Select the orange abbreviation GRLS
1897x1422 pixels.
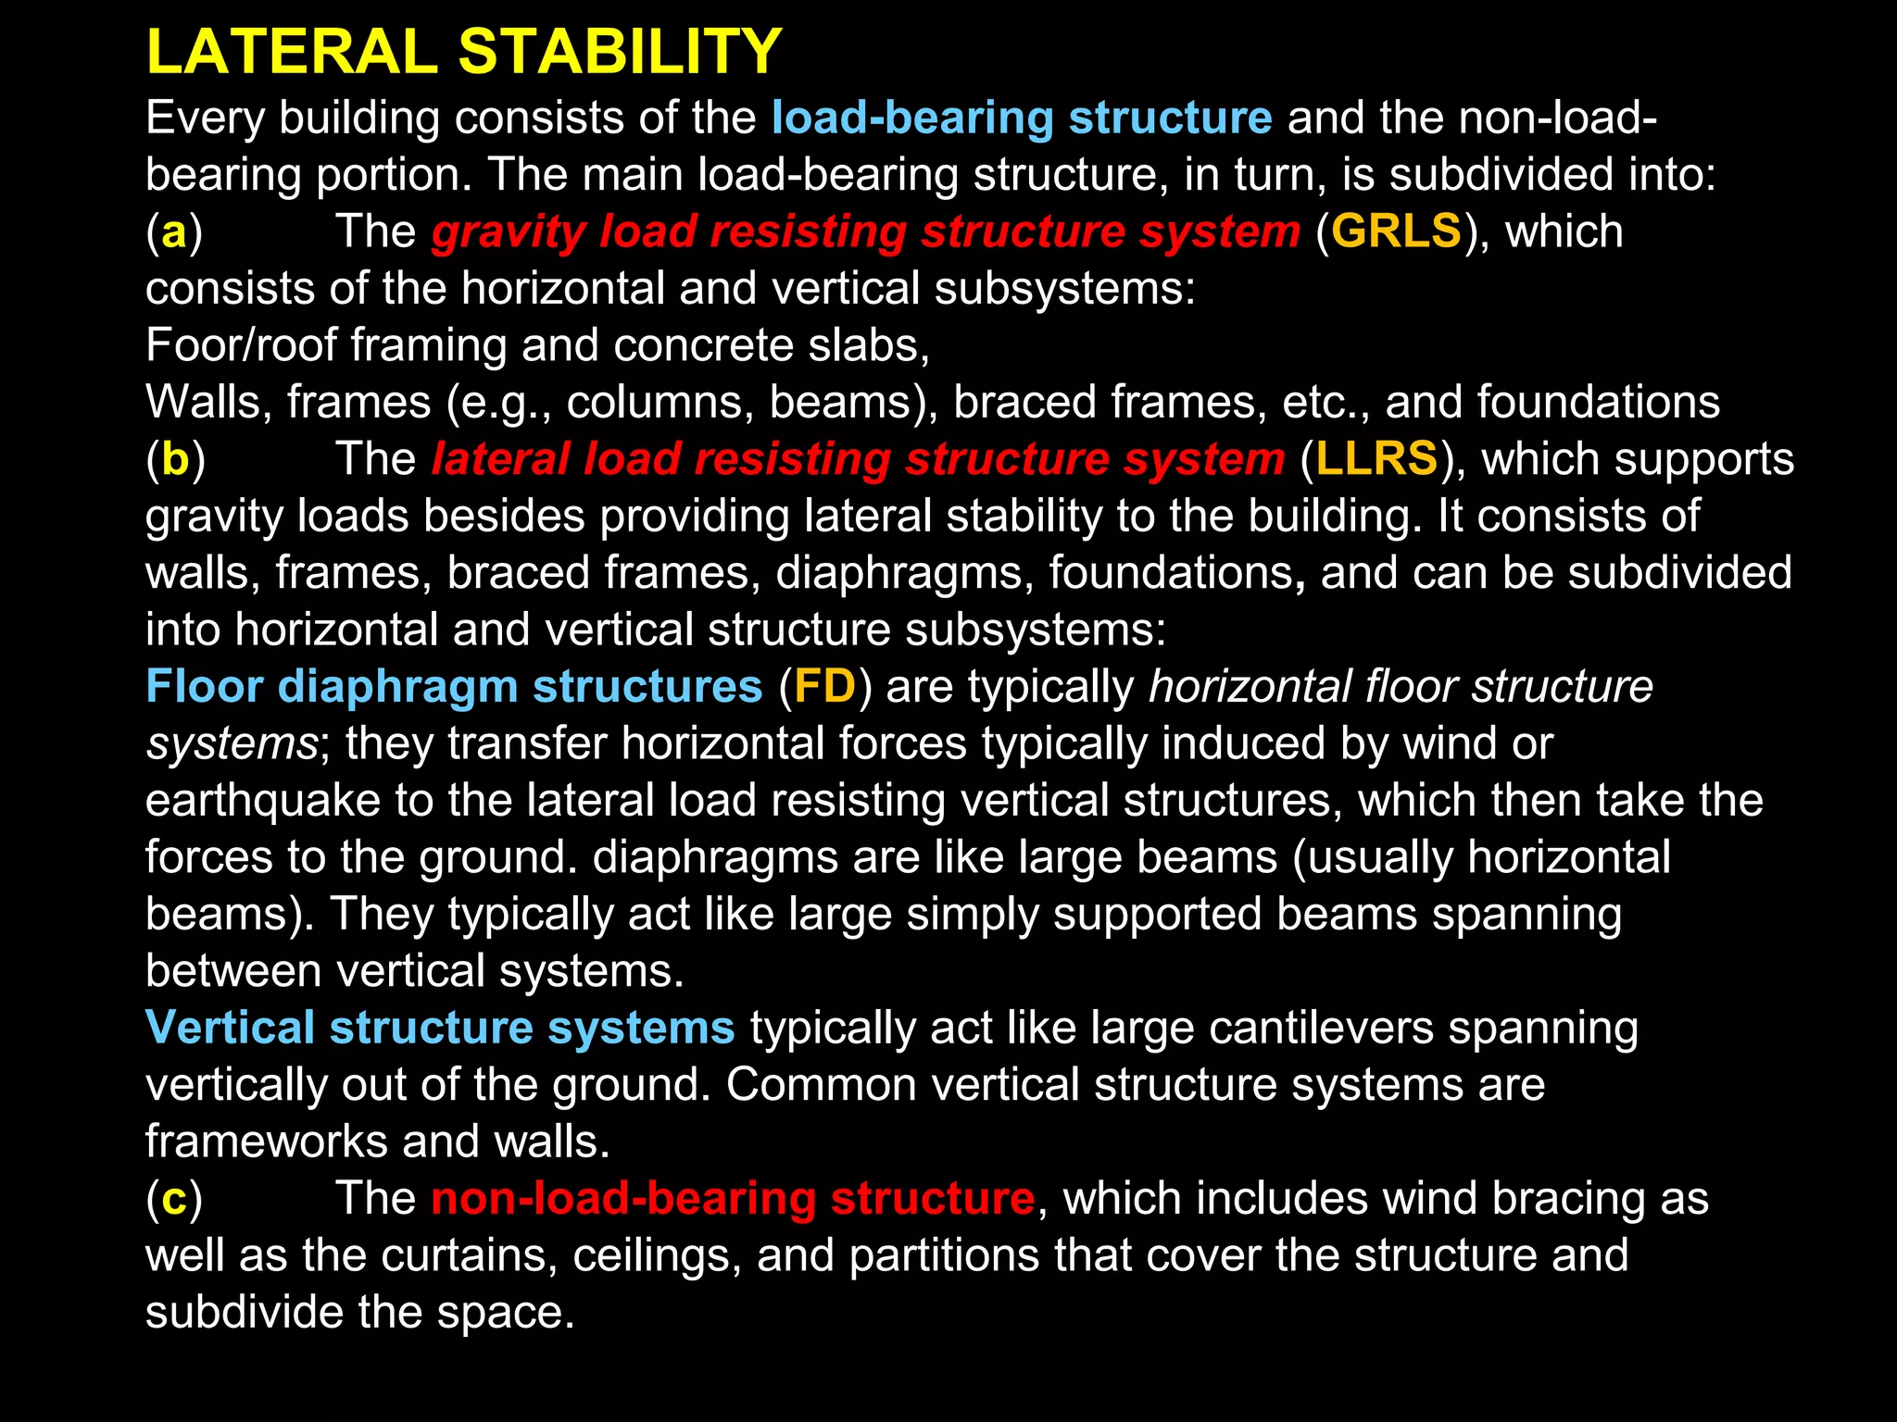1397,231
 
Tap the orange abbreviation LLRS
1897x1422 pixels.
1377,459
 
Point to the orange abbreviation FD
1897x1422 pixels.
824,687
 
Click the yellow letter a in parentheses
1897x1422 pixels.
174,232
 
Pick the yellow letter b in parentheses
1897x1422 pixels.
175,460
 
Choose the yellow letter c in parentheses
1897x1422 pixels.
174,1199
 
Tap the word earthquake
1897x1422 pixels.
263,802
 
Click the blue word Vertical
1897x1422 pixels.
231,1029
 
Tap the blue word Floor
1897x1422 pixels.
205,687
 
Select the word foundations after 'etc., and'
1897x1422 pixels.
1598,403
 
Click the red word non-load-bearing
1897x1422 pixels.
623,1199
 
